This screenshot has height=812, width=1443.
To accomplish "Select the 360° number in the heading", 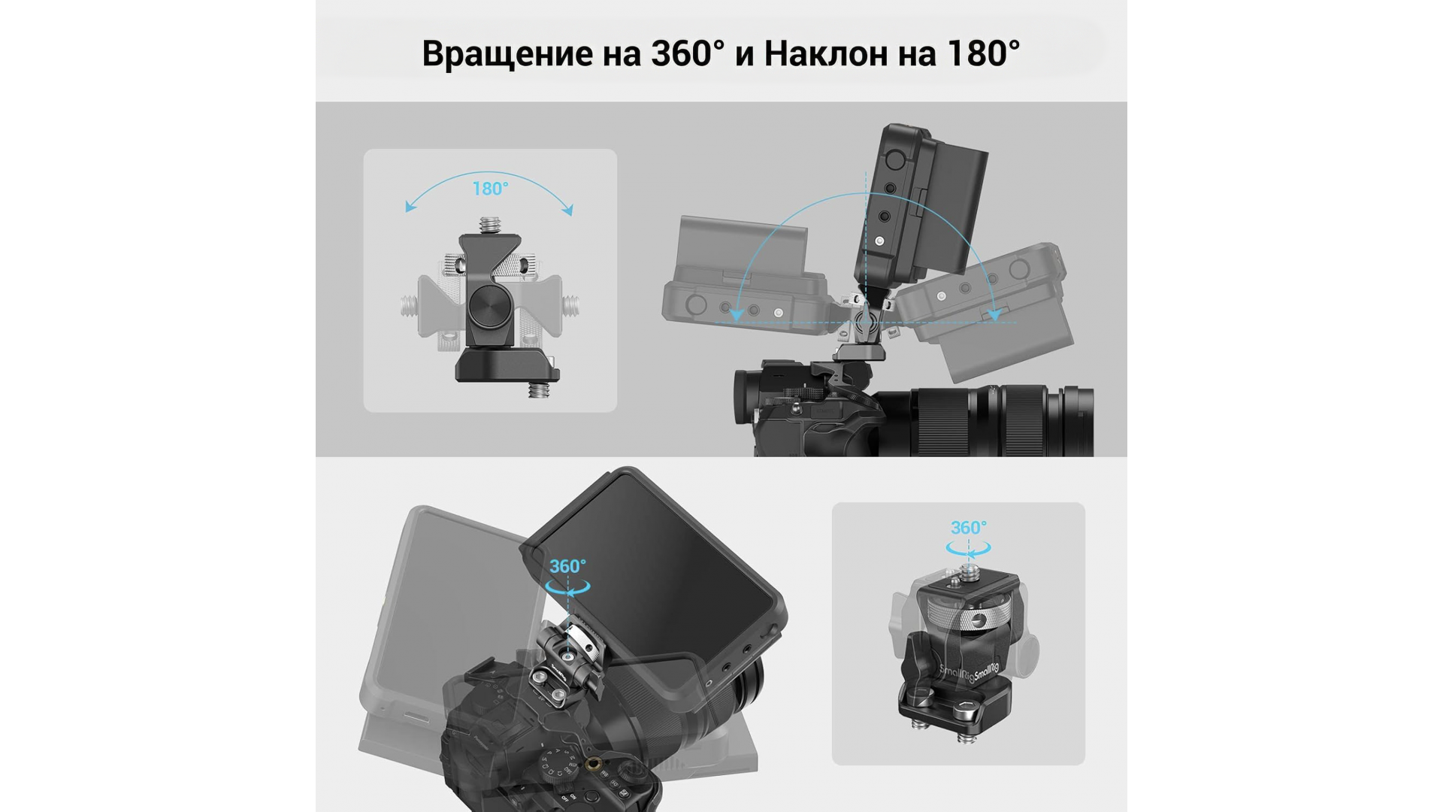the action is coord(688,53).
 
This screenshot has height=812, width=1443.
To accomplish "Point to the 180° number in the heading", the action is coord(983,53).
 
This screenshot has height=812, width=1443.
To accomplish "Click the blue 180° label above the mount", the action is coord(490,189).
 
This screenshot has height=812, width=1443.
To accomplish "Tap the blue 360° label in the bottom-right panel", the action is coord(968,528).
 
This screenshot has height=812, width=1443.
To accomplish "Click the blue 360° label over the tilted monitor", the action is coord(567,566).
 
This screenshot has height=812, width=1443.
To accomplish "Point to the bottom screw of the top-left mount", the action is coord(538,389).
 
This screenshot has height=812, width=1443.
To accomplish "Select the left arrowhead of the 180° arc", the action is coord(410,207).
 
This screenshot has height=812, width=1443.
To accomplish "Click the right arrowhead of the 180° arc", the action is coord(568,210).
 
